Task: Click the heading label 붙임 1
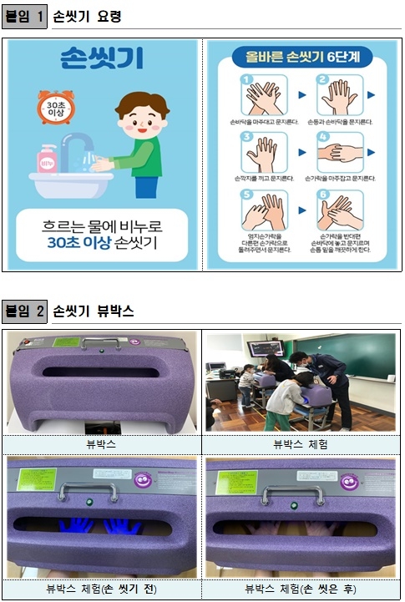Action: coord(24,16)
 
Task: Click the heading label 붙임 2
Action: coord(24,311)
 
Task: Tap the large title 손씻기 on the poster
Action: coord(102,58)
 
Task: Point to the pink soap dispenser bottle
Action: coord(46,159)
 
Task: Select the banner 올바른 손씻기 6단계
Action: coord(302,58)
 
